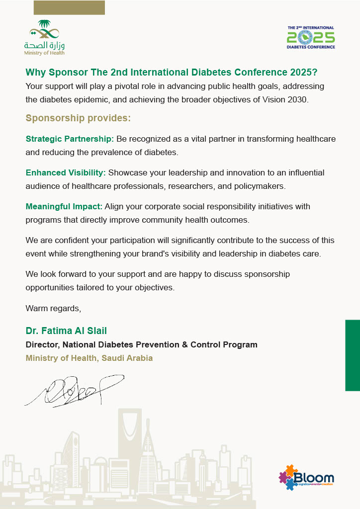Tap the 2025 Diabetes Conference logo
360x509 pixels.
coord(311,37)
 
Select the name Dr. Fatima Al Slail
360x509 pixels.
coord(66,331)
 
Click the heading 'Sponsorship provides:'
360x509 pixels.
coord(78,118)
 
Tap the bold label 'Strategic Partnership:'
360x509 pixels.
coord(70,139)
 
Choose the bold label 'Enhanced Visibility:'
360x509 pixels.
coord(66,173)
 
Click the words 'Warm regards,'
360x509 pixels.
coord(53,308)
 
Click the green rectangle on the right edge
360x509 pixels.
coord(352,355)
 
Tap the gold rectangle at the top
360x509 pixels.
coord(69,7)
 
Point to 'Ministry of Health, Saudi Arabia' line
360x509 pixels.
coord(89,358)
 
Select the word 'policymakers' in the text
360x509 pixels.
coord(257,186)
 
